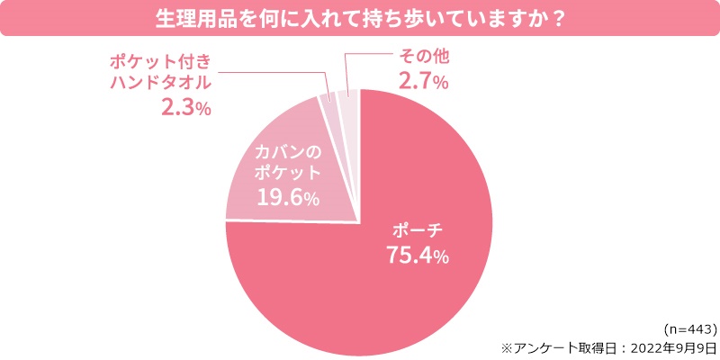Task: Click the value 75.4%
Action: (418, 255)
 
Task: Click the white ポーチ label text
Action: (415, 229)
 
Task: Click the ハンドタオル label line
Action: (160, 85)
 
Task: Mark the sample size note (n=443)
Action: (688, 328)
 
